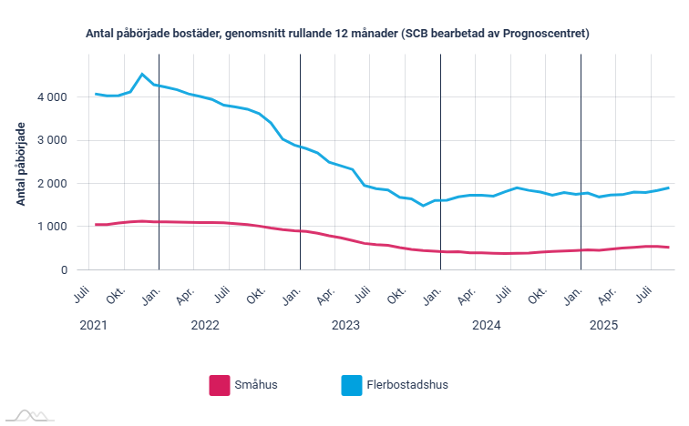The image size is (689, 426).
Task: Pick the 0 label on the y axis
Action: point(64,270)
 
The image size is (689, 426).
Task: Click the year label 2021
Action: point(93,325)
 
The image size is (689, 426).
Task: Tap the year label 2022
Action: point(205,325)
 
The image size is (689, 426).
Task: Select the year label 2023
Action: point(345,325)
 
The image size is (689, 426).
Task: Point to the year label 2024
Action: point(486,325)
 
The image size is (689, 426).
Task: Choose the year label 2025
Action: point(604,325)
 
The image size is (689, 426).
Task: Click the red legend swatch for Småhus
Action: point(219,385)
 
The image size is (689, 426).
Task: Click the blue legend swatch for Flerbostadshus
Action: point(351,385)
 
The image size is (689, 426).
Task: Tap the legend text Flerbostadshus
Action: point(408,385)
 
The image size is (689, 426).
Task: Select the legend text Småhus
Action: point(257,385)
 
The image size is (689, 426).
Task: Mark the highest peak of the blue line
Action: point(142,74)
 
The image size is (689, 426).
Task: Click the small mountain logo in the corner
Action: point(30,415)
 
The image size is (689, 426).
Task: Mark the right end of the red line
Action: point(669,248)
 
